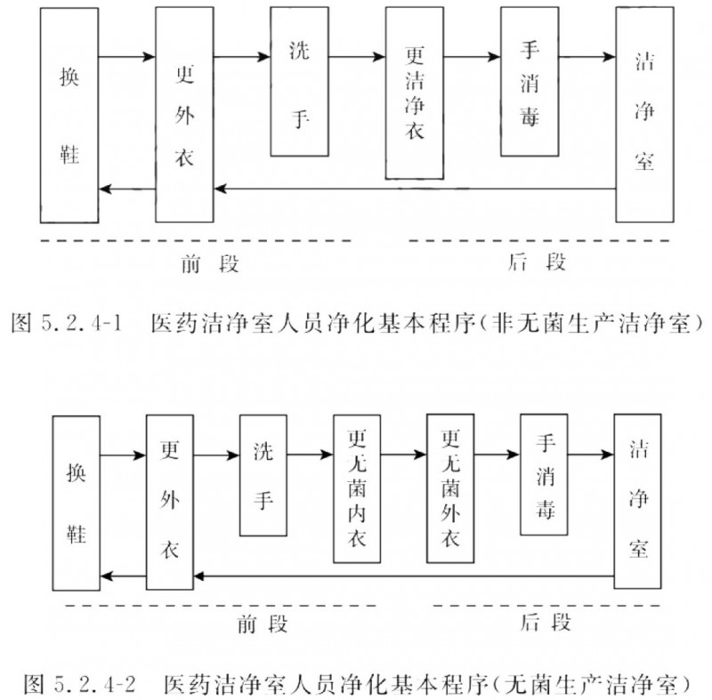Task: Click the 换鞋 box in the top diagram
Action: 69,116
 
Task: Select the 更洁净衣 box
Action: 415,93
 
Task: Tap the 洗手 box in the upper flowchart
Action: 300,82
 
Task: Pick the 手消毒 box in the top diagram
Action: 530,82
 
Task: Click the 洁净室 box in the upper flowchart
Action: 644,115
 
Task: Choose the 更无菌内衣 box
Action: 357,488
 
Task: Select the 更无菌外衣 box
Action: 450,488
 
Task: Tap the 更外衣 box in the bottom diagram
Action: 170,503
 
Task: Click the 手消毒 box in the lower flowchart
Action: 544,475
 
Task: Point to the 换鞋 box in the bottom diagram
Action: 77,503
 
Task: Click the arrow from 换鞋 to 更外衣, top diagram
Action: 127,57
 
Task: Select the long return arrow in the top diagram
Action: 415,189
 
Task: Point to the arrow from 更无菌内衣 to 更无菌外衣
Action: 404,455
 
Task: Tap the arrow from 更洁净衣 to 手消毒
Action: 473,57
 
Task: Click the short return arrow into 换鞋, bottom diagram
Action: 123,576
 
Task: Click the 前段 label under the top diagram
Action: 210,263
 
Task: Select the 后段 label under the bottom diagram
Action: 545,622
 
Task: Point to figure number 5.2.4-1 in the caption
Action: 82,323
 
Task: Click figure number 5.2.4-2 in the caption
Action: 95,684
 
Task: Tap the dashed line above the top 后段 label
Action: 539,240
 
